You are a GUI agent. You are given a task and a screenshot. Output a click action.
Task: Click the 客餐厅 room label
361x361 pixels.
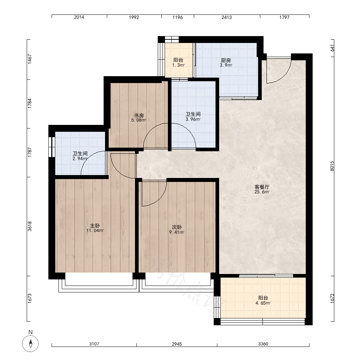pyautogui.click(x=262, y=187)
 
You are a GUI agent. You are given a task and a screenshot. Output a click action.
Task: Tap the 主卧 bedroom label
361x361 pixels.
pyautogui.click(x=95, y=226)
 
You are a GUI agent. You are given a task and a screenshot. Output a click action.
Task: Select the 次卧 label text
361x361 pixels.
pyautogui.click(x=177, y=227)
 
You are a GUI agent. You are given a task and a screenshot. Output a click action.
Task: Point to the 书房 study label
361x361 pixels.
pyautogui.click(x=139, y=116)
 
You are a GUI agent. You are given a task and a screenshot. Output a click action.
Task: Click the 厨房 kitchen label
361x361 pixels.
pyautogui.click(x=226, y=60)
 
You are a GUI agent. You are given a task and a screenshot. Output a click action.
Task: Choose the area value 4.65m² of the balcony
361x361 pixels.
pyautogui.click(x=263, y=303)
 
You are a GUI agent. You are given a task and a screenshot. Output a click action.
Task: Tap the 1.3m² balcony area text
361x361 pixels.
pyautogui.click(x=178, y=65)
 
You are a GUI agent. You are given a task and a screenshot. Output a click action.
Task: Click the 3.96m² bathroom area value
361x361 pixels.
pyautogui.click(x=193, y=119)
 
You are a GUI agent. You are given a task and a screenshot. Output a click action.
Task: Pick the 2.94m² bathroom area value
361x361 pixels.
pyautogui.click(x=80, y=158)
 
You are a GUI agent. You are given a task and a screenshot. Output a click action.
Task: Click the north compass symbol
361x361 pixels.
pyautogui.click(x=30, y=344)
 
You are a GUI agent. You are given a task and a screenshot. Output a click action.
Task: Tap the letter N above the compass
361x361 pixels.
pyautogui.click(x=30, y=332)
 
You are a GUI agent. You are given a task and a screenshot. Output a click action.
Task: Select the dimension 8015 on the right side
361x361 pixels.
pyautogui.click(x=332, y=166)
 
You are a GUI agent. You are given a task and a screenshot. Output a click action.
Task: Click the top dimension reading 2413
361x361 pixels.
pyautogui.click(x=227, y=17)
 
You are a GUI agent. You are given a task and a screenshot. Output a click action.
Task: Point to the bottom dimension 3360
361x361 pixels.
pyautogui.click(x=263, y=344)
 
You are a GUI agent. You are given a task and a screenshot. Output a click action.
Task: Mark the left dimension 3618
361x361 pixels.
pyautogui.click(x=30, y=226)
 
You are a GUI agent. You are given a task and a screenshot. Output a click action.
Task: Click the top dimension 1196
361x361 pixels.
pyautogui.click(x=178, y=17)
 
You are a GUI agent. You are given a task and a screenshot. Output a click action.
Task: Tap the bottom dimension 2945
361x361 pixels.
pyautogui.click(x=177, y=344)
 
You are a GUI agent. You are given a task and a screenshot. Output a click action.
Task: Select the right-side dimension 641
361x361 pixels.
pyautogui.click(x=332, y=48)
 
